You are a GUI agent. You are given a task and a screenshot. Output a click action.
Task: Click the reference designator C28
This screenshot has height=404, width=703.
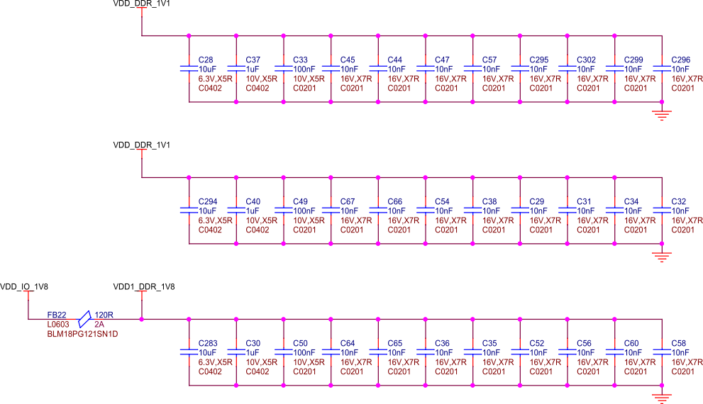click(x=206, y=60)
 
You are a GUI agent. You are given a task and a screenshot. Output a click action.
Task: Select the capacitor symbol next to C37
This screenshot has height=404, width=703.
click(x=236, y=69)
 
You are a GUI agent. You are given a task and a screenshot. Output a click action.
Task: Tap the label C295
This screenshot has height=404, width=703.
click(x=539, y=60)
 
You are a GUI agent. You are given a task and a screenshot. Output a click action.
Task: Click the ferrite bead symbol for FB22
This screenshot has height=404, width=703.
click(x=85, y=318)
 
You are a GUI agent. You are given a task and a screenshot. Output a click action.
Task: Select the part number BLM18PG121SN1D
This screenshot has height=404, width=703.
click(x=82, y=334)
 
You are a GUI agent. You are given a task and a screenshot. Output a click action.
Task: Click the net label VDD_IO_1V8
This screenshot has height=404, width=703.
click(x=24, y=287)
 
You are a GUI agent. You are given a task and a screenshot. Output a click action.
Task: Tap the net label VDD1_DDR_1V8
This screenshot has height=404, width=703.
click(x=144, y=287)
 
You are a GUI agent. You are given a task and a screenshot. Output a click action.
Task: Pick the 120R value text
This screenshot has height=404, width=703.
click(x=104, y=315)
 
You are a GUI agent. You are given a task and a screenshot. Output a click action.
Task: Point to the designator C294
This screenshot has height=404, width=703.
click(x=209, y=202)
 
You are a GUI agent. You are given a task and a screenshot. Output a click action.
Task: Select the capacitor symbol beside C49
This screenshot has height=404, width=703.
click(x=284, y=211)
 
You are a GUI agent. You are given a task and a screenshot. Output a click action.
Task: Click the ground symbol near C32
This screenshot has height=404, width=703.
click(x=662, y=256)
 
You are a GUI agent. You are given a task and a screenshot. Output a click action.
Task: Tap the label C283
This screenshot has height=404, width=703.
click(x=209, y=344)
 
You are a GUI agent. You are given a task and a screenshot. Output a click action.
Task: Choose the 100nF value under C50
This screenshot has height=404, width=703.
click(x=304, y=352)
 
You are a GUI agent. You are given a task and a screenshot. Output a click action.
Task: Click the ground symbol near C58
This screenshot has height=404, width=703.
click(x=662, y=398)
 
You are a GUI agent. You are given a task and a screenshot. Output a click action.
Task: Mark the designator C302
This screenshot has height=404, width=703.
click(x=587, y=60)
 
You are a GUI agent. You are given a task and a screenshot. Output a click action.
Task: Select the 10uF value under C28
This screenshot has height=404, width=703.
click(x=207, y=69)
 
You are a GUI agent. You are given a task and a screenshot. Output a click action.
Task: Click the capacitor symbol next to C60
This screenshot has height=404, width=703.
click(x=615, y=352)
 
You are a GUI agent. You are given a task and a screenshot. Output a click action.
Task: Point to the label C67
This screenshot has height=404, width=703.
click(x=348, y=202)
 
